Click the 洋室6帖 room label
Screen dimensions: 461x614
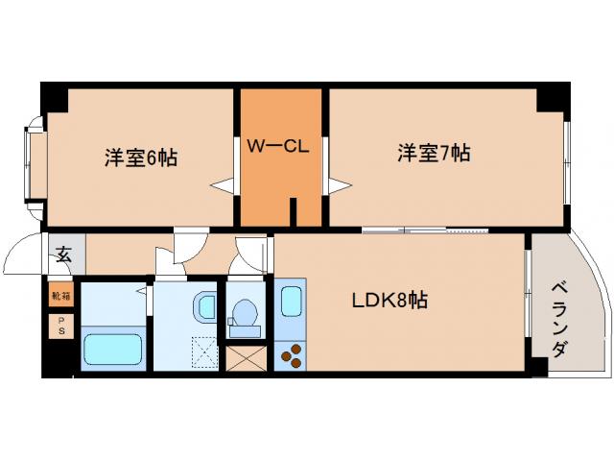(140, 157)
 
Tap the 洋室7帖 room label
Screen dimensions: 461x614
(434, 153)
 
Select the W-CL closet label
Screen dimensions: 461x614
(278, 146)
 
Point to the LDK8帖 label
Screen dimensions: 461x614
(389, 300)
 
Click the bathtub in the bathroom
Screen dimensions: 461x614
(112, 347)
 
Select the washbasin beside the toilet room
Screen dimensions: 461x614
(206, 307)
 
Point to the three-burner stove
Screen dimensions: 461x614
(292, 355)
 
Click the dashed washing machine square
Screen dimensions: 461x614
(205, 352)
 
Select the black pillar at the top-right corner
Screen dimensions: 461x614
(554, 97)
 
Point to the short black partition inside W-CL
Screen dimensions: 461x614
(294, 212)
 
